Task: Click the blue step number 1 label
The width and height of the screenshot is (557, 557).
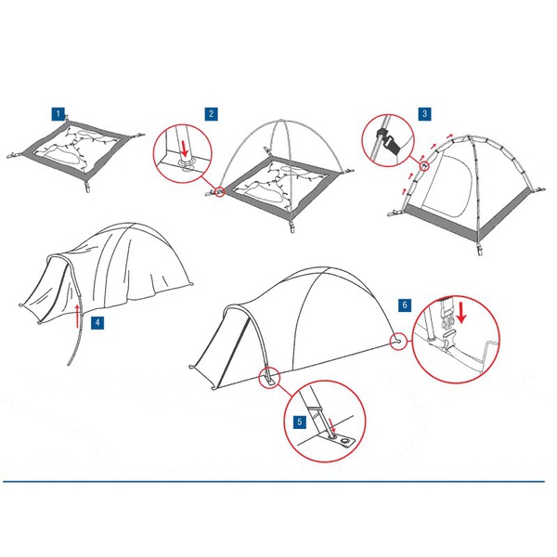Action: (58, 114)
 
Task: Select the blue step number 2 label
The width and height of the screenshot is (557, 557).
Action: (212, 114)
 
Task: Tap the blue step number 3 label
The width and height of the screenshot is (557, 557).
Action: (424, 114)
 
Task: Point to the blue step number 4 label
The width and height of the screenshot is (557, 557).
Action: (97, 323)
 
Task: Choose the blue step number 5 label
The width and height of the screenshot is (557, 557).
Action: (300, 422)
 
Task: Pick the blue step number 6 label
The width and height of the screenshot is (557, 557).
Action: (405, 305)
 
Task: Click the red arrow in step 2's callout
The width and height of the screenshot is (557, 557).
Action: (184, 149)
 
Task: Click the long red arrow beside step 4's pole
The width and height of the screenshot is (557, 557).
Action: (78, 316)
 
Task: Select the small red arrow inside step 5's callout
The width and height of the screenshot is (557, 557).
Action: (331, 425)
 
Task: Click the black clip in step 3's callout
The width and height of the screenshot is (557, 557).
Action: (388, 141)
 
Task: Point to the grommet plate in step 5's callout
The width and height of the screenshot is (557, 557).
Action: (341, 441)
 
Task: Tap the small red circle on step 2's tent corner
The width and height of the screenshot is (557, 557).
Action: (220, 192)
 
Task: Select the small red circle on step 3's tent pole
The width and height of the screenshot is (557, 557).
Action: (424, 165)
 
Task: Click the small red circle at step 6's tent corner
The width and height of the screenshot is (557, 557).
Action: (398, 342)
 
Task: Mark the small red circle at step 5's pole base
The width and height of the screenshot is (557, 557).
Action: (269, 378)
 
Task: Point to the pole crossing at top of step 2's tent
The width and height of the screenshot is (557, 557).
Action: (280, 121)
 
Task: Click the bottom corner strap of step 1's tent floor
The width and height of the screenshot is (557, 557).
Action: (87, 187)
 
